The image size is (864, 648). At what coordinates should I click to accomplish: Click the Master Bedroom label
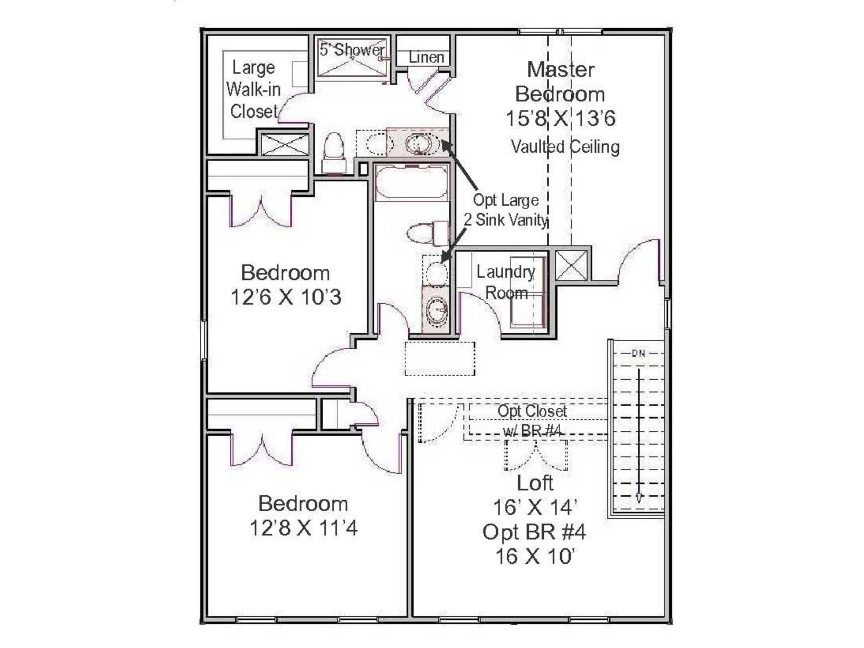(560, 81)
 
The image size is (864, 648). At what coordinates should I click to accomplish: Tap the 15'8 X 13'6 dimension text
(560, 119)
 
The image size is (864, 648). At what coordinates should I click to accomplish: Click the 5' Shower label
(352, 50)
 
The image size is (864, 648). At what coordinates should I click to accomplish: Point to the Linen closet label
(426, 57)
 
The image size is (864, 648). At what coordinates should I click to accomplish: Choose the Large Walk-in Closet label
(254, 89)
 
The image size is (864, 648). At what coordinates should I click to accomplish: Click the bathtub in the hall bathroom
(411, 182)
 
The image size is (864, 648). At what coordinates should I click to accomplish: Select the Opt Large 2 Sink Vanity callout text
(505, 210)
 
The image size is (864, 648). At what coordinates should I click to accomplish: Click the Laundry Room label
(506, 282)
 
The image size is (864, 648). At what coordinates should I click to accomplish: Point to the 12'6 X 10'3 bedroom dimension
(286, 297)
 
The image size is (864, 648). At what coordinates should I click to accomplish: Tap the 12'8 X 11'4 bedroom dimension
(303, 528)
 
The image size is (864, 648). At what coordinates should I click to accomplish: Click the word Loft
(535, 483)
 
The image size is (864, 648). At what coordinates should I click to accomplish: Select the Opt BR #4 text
(534, 532)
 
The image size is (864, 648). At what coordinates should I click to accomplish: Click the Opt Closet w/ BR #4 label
(532, 421)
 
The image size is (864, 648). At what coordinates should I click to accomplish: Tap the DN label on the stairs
(638, 354)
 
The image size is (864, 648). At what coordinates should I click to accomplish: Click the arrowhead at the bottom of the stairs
(639, 498)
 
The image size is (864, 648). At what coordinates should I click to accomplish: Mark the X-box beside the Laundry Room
(571, 265)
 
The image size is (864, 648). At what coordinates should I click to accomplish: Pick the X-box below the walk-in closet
(285, 144)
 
